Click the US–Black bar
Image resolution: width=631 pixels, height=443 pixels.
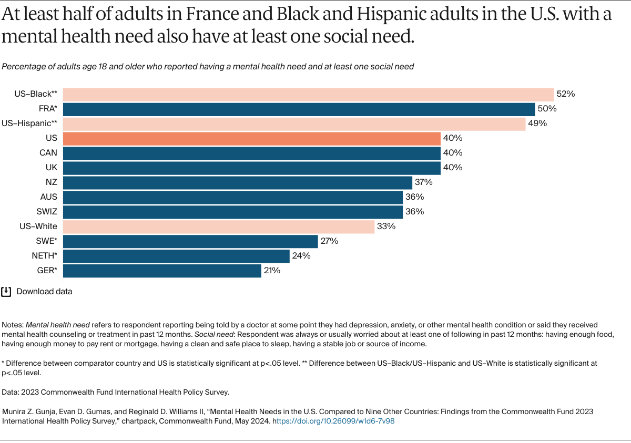click(x=308, y=94)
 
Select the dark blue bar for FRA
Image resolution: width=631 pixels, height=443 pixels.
click(x=299, y=109)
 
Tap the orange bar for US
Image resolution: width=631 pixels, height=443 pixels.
click(x=251, y=138)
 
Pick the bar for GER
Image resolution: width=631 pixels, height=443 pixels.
click(x=162, y=271)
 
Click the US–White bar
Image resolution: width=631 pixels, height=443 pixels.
click(x=219, y=226)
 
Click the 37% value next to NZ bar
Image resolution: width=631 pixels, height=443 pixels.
click(x=423, y=182)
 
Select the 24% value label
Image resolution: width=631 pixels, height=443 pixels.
click(x=301, y=256)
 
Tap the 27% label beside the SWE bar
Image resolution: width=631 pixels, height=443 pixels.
click(x=329, y=241)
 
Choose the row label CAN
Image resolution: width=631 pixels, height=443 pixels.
click(x=48, y=153)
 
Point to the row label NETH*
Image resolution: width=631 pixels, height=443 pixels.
click(x=44, y=256)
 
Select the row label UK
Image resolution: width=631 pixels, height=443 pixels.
click(x=52, y=168)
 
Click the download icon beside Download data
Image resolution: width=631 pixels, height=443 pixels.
click(x=6, y=291)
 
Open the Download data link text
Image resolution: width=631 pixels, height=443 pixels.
click(x=44, y=291)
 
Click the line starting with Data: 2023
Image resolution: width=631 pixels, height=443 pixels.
click(x=115, y=392)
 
